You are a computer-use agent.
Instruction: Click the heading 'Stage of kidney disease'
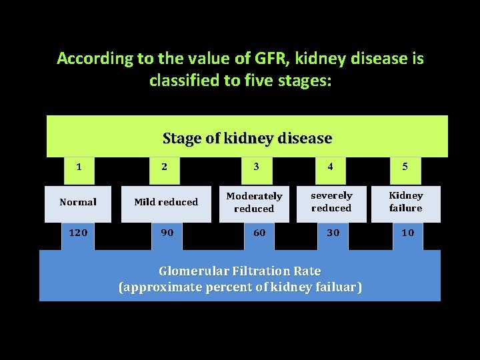[247, 139]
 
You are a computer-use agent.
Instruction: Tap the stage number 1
[79, 167]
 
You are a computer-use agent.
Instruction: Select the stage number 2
[165, 167]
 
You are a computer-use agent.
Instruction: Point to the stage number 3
[256, 167]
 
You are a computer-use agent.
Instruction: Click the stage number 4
[331, 167]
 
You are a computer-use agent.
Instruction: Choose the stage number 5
[405, 167]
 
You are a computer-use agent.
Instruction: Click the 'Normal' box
[78, 202]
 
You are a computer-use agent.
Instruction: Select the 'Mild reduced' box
[166, 202]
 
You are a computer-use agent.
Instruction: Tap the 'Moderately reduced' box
[254, 202]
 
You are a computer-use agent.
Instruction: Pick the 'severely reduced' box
[331, 202]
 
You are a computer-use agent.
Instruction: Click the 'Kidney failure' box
[406, 202]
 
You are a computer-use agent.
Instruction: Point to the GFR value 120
[79, 233]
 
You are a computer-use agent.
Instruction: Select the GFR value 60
[259, 233]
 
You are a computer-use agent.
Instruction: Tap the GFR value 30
[333, 233]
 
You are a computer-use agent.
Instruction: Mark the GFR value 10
[407, 233]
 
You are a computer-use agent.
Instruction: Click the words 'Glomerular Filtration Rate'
[239, 271]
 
